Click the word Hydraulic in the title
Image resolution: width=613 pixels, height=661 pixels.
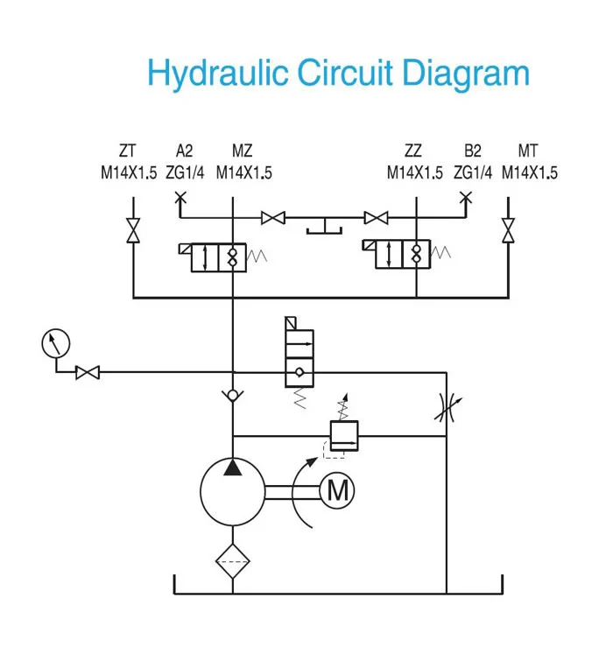coord(219,74)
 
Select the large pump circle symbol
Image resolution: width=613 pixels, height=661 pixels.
coord(232,492)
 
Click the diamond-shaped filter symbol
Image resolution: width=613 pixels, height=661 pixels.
coord(232,557)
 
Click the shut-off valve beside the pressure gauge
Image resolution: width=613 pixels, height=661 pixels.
coord(88,372)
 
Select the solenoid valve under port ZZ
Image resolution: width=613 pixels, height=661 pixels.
coord(402,256)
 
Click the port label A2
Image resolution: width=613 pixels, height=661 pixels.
coord(184,151)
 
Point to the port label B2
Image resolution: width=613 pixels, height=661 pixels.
coord(473,151)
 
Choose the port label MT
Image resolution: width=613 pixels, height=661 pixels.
coord(528,151)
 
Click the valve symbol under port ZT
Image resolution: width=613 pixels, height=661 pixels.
coord(132,231)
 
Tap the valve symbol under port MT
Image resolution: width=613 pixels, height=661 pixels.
coord(507,231)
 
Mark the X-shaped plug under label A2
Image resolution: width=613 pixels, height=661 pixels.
coord(181,198)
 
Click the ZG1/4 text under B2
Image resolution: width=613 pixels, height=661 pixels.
coord(473,172)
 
